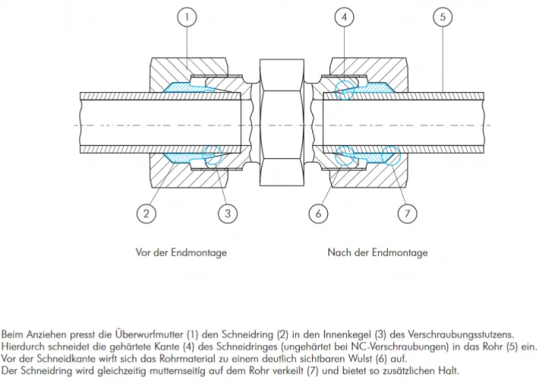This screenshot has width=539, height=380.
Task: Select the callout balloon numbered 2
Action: click(146, 213)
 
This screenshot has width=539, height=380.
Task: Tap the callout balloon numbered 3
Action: click(227, 213)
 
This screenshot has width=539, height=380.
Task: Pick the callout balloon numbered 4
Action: click(345, 17)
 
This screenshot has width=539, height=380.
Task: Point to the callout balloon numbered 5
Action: click(443, 17)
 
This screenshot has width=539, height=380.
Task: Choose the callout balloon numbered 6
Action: click(319, 213)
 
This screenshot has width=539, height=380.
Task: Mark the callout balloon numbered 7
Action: click(408, 213)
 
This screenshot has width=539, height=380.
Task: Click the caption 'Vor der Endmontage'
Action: click(181, 252)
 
